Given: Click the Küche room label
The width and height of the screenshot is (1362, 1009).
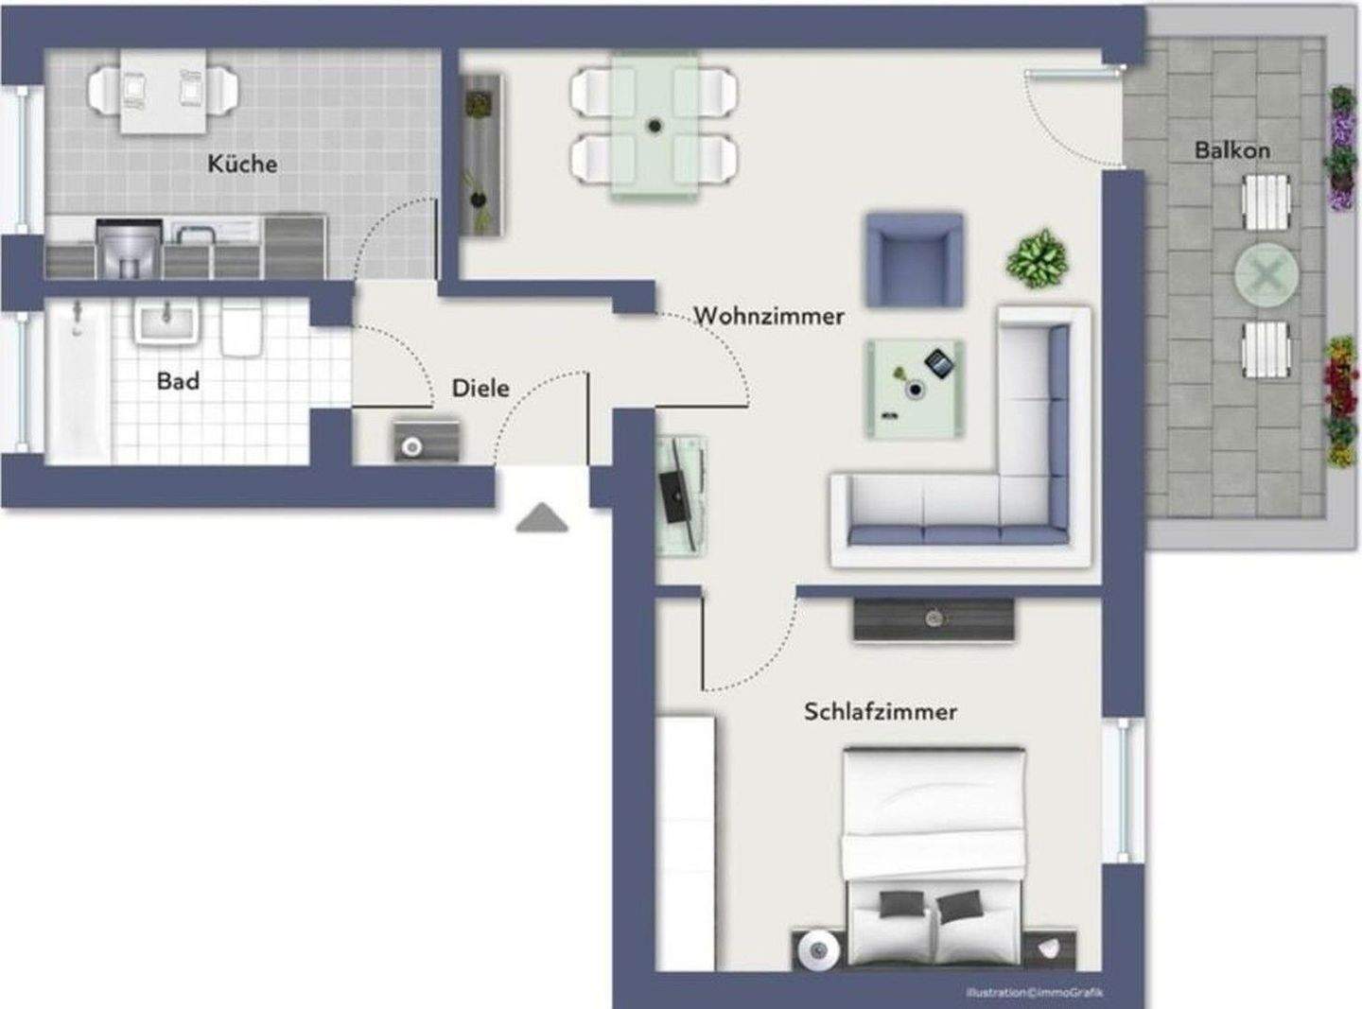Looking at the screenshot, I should [242, 164].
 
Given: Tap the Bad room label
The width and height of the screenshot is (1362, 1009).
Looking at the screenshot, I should [178, 381].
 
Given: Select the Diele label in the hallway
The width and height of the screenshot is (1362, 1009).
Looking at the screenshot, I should [480, 388].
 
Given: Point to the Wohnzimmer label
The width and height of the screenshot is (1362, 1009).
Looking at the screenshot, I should [768, 316].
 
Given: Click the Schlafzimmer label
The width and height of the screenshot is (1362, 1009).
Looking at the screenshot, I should [880, 711].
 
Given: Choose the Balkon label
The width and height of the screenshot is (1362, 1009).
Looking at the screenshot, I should [1231, 150].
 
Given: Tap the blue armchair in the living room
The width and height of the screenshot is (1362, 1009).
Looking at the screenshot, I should [915, 260].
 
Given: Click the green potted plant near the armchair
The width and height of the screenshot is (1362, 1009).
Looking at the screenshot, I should [1038, 258].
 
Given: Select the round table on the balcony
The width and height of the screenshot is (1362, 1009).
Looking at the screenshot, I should [1266, 275].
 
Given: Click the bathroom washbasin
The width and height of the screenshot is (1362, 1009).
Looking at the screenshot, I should [167, 322].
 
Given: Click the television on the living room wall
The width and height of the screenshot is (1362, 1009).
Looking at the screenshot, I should [673, 494].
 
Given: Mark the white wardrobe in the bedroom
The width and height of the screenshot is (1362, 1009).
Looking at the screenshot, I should [686, 842].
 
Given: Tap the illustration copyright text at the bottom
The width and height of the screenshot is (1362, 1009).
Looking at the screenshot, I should [1034, 992].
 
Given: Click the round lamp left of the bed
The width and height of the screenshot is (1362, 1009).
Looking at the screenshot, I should [816, 949].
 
